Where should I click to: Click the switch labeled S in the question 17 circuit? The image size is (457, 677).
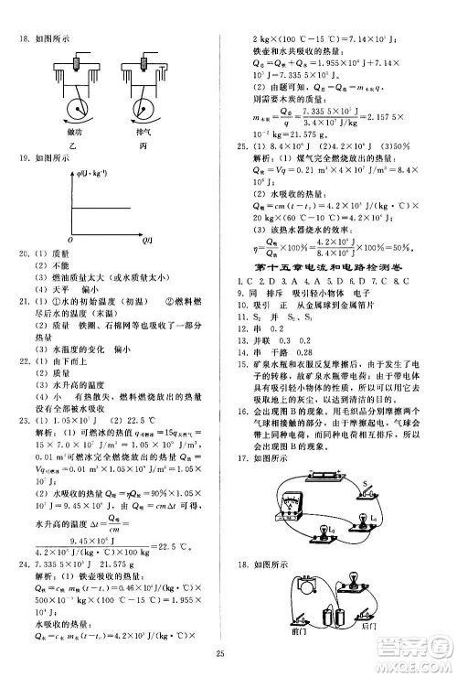[366, 494]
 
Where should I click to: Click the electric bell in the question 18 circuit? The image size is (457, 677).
[306, 588]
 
